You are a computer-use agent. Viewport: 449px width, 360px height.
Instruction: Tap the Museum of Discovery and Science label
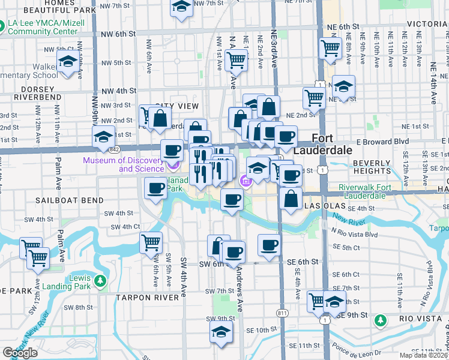tap(125, 164)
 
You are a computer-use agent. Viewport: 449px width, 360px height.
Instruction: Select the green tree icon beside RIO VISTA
tap(379, 321)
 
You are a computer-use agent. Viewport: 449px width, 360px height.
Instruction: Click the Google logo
tap(20, 353)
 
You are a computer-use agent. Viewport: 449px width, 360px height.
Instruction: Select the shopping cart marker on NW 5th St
tap(237, 60)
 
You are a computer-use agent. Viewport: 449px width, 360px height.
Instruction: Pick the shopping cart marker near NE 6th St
tap(330, 47)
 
